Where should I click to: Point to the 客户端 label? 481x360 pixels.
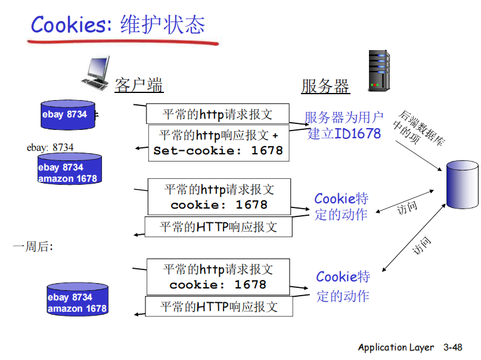coord(138,85)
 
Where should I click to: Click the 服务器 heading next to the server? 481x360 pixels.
coord(325,86)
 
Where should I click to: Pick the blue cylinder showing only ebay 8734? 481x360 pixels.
coord(67,115)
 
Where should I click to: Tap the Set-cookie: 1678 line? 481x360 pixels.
coord(218,150)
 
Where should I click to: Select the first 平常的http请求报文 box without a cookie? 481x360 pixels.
coord(218,114)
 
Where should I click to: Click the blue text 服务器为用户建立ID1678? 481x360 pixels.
coord(344,125)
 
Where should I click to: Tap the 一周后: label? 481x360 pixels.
coord(33,246)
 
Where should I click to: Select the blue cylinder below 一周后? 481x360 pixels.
coord(77,303)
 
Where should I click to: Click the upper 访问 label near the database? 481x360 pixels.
coord(407,208)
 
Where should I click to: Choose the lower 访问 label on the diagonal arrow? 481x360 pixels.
coord(421,246)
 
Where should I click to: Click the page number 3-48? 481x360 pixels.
coord(452,347)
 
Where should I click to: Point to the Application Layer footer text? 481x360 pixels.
coord(396,347)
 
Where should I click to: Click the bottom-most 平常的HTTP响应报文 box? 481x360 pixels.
coord(219,307)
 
